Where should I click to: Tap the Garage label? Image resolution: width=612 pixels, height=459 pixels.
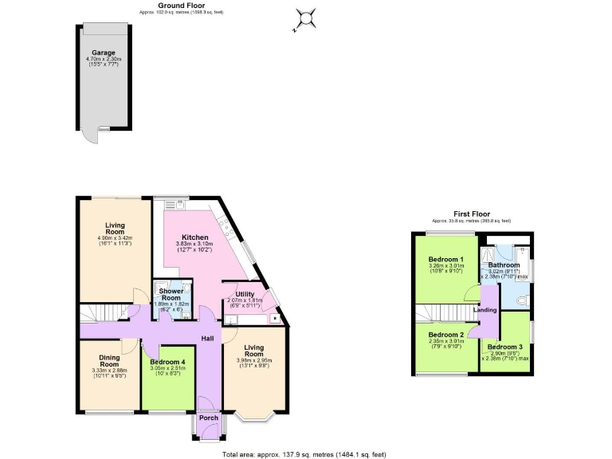click(x=104, y=53)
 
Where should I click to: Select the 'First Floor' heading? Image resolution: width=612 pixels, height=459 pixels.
click(x=471, y=214)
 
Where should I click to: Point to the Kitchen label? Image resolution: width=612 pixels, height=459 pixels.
click(x=194, y=237)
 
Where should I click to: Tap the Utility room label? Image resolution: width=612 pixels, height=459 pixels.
click(x=245, y=294)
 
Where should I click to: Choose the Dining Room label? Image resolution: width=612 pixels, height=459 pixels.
click(x=109, y=361)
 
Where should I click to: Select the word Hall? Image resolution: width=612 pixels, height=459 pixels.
click(x=206, y=339)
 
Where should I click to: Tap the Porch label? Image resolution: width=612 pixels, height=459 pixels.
click(x=208, y=418)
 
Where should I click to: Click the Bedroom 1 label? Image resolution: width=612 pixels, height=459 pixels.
click(x=446, y=260)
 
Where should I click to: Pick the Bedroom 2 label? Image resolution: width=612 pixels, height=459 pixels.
click(x=446, y=335)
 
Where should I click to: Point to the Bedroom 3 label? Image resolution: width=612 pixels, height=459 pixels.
click(x=505, y=347)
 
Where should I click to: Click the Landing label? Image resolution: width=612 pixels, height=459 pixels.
click(x=485, y=310)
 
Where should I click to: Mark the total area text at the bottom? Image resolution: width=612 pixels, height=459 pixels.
click(x=303, y=453)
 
